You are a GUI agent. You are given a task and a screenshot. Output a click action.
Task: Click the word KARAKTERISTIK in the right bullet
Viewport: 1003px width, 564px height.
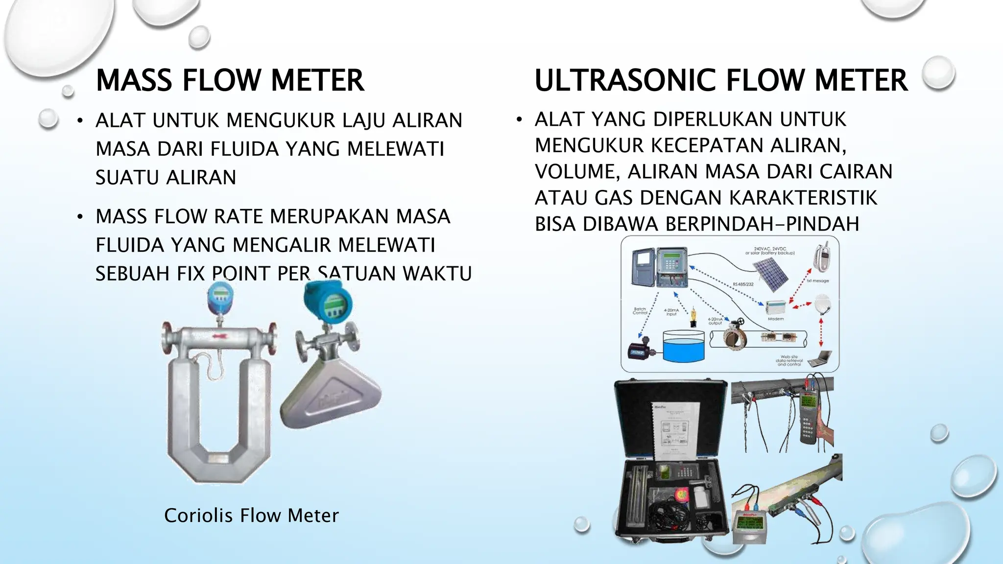(x=803, y=198)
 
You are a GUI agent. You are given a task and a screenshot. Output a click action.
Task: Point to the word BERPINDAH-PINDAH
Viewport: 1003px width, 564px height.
(x=762, y=224)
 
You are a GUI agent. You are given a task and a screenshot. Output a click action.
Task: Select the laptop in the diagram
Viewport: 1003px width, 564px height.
(x=819, y=358)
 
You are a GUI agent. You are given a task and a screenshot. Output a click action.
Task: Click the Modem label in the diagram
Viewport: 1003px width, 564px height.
(x=776, y=319)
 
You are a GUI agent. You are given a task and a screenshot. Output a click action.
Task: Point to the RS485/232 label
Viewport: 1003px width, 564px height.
(x=743, y=284)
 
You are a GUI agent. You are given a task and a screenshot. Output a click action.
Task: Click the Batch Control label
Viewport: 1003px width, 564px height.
(x=640, y=311)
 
